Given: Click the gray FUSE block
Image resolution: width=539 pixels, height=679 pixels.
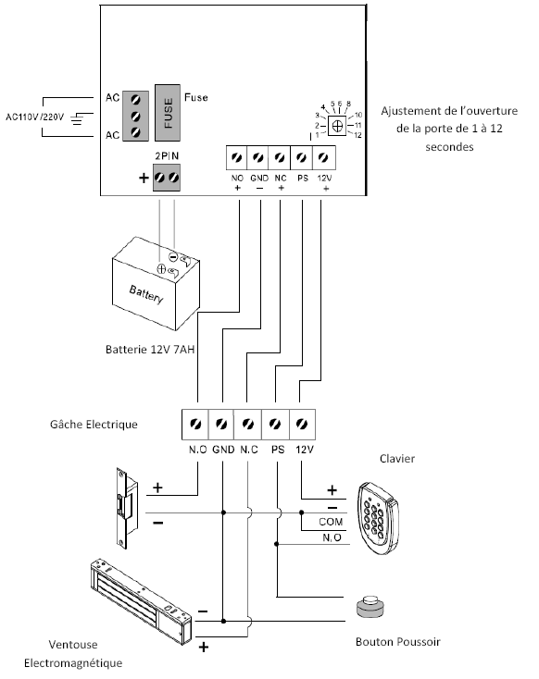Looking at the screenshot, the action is tap(168, 113).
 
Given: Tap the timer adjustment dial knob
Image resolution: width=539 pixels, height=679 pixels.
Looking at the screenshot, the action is tap(337, 126).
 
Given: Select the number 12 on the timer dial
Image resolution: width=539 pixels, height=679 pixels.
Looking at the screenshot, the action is tap(357, 135).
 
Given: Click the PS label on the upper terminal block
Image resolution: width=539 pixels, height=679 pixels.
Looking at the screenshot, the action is tap(303, 178).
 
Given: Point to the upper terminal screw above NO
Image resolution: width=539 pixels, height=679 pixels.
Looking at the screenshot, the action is tap(237, 157).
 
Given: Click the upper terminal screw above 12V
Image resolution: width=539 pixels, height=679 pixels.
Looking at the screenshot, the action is tap(323, 157).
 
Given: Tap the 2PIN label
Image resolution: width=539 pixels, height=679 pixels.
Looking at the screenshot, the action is tap(167, 156).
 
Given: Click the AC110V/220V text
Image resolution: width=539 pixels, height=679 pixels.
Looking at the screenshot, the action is tap(34, 117).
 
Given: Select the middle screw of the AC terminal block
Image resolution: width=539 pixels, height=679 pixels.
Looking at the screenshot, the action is tap(136, 116).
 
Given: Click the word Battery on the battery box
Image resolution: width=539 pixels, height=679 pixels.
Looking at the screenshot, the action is tap(146, 294).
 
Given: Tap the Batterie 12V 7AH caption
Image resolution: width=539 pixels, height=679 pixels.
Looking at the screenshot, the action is tap(150, 349).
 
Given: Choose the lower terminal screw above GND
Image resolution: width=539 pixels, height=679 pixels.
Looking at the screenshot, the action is tap(221, 424).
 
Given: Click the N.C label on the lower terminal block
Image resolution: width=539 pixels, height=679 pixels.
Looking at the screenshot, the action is tap(249, 450).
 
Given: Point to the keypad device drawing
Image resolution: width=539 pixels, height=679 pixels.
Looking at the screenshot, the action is tap(378, 518).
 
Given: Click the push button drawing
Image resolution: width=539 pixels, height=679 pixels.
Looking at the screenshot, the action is tap(370, 607).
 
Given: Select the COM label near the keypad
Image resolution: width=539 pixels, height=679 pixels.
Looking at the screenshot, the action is tap(331, 522).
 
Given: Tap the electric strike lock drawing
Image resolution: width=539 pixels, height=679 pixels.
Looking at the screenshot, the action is tap(127, 509).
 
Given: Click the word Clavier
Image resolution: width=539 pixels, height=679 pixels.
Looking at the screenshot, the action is tap(397, 459).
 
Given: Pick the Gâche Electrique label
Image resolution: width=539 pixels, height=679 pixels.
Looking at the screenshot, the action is tap(94, 425).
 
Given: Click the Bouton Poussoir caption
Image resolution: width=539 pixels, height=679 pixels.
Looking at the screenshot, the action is tap(398, 642).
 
